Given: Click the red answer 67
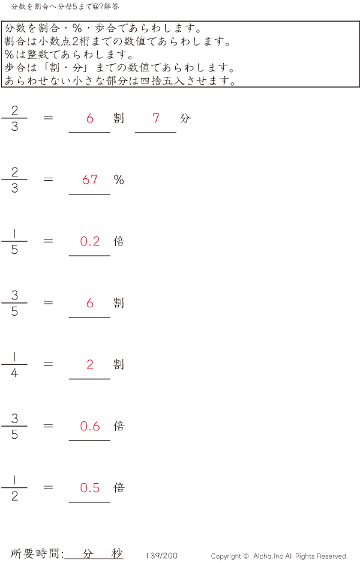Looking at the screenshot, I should pyautogui.click(x=90, y=179).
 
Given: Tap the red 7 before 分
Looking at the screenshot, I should pyautogui.click(x=156, y=118).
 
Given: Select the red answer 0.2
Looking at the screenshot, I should pyautogui.click(x=90, y=241).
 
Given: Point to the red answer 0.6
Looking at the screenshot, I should pyautogui.click(x=90, y=426).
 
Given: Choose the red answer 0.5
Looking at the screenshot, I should pyautogui.click(x=90, y=488).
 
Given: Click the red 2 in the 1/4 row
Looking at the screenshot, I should pyautogui.click(x=90, y=364).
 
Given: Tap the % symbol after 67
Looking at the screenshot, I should pyautogui.click(x=119, y=179).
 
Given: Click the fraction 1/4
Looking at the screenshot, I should pyautogui.click(x=14, y=364).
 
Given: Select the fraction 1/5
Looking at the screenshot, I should pyautogui.click(x=14, y=241).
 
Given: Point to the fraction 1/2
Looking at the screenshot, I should pyautogui.click(x=14, y=488).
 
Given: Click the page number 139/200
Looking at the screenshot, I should pyautogui.click(x=161, y=556).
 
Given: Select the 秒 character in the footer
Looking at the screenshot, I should pyautogui.click(x=116, y=554).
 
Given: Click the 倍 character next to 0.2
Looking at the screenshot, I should pyautogui.click(x=119, y=241).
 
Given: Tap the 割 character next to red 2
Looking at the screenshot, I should pyautogui.click(x=119, y=364).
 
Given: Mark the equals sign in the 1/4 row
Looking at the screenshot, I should pyautogui.click(x=49, y=364).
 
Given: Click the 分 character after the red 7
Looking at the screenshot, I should pyautogui.click(x=185, y=118).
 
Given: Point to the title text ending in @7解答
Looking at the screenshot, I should pyautogui.click(x=65, y=7).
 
